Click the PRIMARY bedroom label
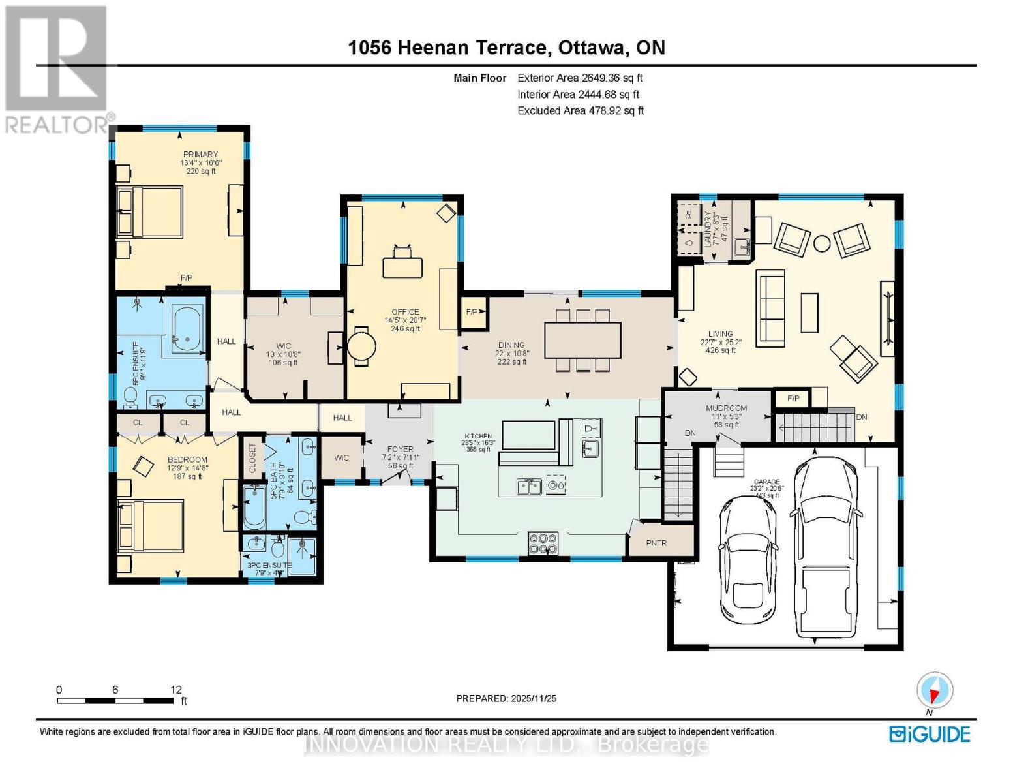200,155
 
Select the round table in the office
361,346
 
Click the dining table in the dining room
582,340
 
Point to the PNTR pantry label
656,543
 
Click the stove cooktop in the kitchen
543,542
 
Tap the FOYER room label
400,449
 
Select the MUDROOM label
726,408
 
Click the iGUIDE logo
930,734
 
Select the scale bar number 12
175,690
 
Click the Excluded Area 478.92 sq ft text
581,111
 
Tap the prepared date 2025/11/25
506,698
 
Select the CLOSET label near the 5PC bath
252,459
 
